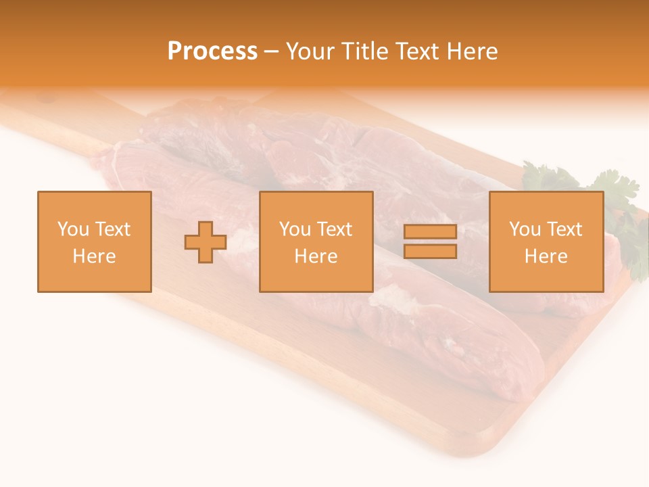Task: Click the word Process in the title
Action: pyautogui.click(x=212, y=51)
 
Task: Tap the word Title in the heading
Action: pyautogui.click(x=366, y=51)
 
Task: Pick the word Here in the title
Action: pyautogui.click(x=473, y=51)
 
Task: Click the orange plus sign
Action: pyautogui.click(x=206, y=242)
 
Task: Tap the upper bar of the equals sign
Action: pyautogui.click(x=430, y=232)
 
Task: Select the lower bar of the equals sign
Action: pyautogui.click(x=430, y=252)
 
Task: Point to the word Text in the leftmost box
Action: pyautogui.click(x=112, y=229)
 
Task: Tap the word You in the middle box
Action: pyautogui.click(x=295, y=229)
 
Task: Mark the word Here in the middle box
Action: pyautogui.click(x=316, y=256)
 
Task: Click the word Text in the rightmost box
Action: pyautogui.click(x=564, y=229)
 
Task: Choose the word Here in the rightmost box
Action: pyautogui.click(x=546, y=256)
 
